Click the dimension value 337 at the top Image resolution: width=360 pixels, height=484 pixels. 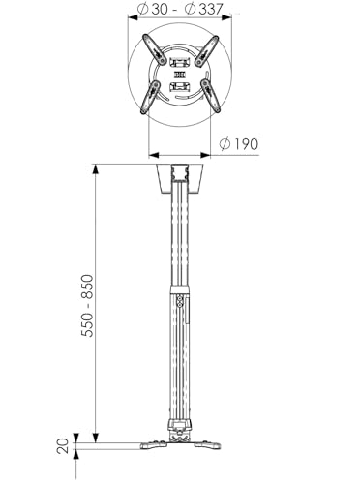click(x=210, y=9)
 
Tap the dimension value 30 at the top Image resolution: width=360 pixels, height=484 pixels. click(x=160, y=9)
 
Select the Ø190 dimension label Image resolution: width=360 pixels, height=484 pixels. click(x=239, y=144)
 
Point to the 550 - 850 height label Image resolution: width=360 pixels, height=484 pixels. click(x=87, y=306)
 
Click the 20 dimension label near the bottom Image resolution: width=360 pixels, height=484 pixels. click(x=63, y=446)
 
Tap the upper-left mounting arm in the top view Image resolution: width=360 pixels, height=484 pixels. click(x=154, y=50)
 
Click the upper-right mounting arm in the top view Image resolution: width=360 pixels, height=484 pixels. click(x=207, y=50)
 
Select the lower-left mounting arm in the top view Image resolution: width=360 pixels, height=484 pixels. click(x=150, y=97)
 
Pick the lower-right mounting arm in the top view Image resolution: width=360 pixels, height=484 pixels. click(x=210, y=96)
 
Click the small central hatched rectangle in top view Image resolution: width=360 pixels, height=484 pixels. click(x=180, y=76)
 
